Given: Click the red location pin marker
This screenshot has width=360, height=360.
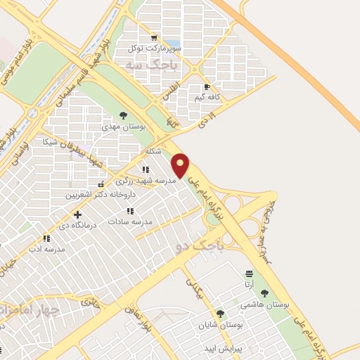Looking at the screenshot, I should point(181,166).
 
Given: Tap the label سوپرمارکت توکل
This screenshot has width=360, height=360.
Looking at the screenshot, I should point(154,49).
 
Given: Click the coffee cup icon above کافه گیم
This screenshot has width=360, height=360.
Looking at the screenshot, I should point(207,87).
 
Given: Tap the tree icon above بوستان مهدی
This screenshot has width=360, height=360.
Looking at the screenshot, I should point(124,115).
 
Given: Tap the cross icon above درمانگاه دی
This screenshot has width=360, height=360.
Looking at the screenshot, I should point(77,214).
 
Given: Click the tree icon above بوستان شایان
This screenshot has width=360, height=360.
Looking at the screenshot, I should point(220,314).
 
